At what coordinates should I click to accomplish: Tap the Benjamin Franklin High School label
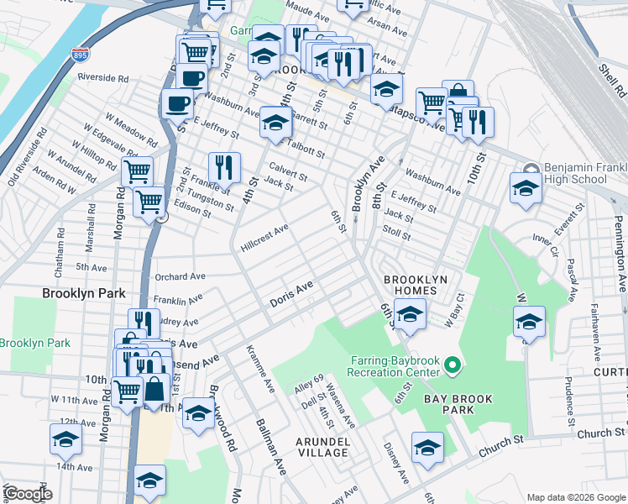575,173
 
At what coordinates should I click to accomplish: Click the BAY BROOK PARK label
459,403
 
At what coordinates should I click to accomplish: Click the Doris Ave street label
291,294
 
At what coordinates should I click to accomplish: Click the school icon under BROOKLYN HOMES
409,316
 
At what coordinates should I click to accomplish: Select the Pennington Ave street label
620,244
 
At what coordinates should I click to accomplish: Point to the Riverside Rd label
102,77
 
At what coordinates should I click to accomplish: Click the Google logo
28,493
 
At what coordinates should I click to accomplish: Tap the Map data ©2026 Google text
574,496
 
